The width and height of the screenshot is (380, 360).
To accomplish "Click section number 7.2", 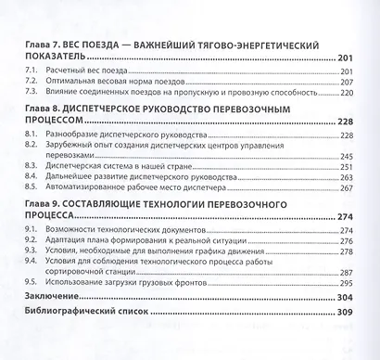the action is pyautogui.click(x=32, y=81).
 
